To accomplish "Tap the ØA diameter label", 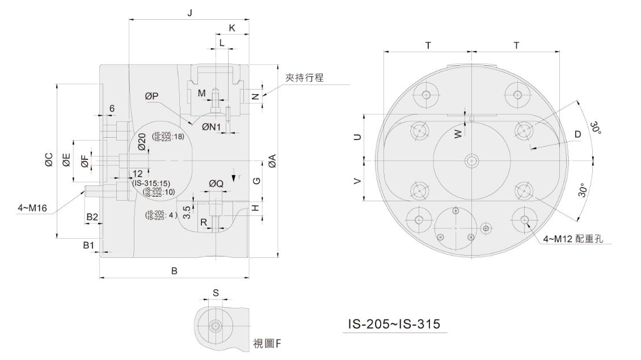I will pos(272,161).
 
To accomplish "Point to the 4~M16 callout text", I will pos(32,209).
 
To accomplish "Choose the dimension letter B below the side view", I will pos(175,271).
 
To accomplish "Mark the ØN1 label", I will pos(211,127).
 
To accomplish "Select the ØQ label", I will pos(216,183).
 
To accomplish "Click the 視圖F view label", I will pos(270,344).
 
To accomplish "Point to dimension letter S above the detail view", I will pos(216,293).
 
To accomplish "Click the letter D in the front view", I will pos(577,134).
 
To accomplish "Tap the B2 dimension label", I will pos(92,217).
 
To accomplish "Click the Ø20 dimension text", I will pos(142,142).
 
